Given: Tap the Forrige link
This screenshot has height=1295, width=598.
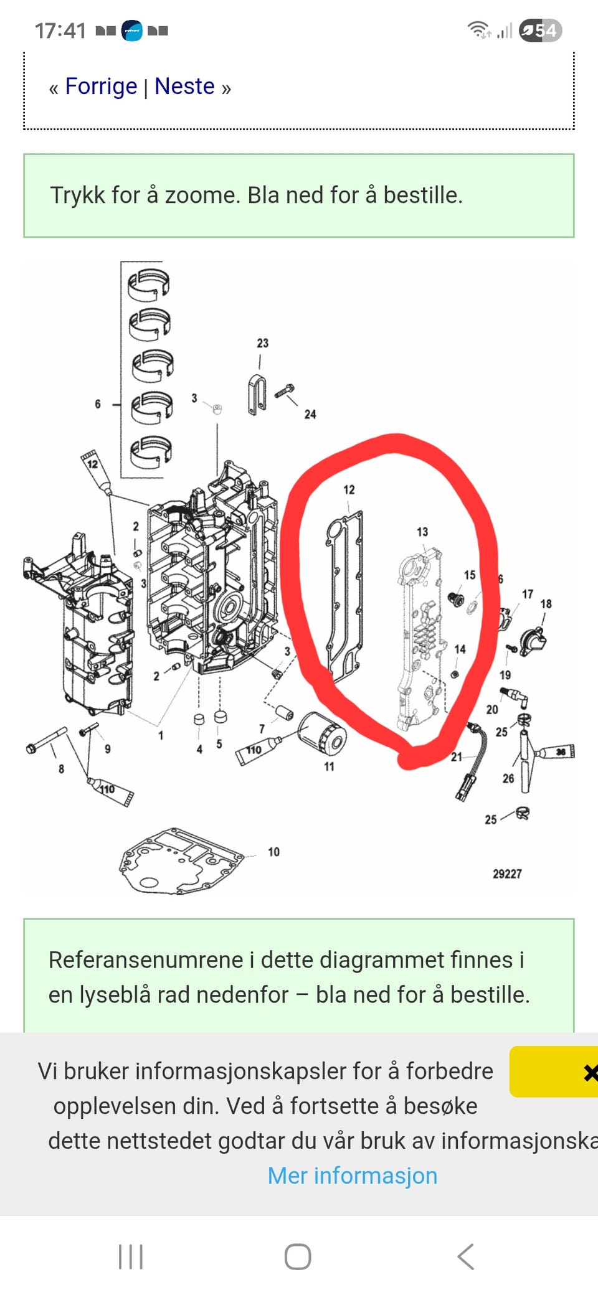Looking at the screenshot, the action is (101, 87).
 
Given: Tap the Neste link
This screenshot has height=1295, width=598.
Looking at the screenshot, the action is (184, 87).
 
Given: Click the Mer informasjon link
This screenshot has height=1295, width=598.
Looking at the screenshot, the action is (353, 1175).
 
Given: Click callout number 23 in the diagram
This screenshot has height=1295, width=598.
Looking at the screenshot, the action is (263, 343).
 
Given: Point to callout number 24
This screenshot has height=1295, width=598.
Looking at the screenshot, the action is (310, 414).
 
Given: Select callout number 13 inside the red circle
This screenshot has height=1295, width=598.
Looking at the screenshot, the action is (422, 532).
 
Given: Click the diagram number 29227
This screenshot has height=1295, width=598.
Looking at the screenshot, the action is (507, 874).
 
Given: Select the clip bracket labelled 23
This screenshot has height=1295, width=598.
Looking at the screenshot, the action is (256, 395).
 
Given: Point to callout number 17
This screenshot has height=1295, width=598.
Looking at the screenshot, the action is (528, 594).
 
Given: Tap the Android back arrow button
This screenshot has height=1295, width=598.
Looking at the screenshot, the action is (466, 1256).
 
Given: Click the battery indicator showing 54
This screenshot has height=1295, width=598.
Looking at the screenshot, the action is (540, 31).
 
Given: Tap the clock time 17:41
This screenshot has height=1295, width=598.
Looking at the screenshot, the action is (60, 31).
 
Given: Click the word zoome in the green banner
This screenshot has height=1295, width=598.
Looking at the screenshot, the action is (202, 195).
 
